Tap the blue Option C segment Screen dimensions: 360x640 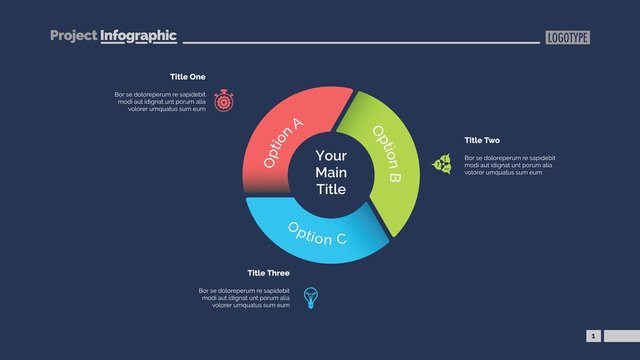click(310, 236)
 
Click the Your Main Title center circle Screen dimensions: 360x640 click(331, 173)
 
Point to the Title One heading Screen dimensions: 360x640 click(187, 77)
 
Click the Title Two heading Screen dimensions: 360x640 click(482, 140)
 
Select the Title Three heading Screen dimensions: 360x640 click(269, 273)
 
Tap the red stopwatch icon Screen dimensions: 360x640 click(224, 100)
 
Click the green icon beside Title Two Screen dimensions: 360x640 click(441, 164)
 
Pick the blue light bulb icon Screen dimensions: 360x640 click(311, 297)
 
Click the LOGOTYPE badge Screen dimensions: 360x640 click(568, 37)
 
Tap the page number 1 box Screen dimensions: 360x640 click(593, 336)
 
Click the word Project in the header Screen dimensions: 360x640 click(73, 36)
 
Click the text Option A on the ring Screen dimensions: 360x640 click(283, 143)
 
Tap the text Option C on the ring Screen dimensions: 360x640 click(317, 233)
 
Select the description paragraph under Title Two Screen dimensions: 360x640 click(510, 165)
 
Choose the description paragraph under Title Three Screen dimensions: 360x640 click(244, 297)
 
